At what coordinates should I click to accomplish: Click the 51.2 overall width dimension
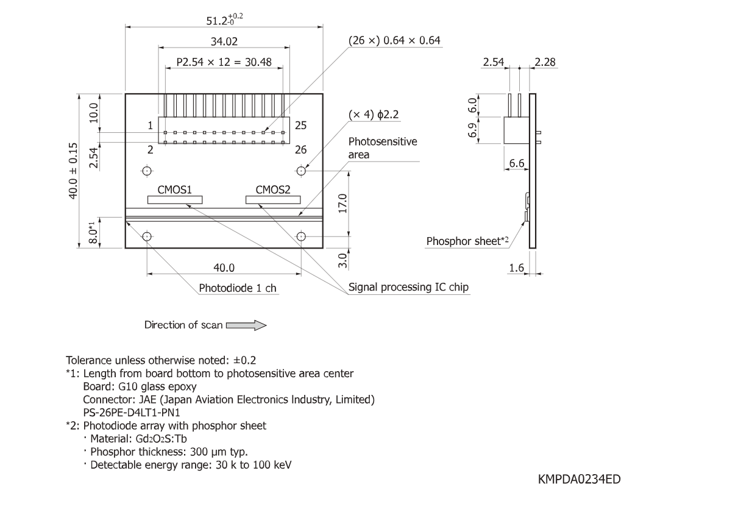[224, 20]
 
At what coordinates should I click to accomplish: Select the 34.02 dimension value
[224, 41]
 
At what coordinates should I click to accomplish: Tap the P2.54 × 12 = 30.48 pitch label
[224, 62]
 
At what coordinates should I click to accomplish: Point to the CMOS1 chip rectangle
[175, 200]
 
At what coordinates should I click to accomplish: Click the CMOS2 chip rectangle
[273, 200]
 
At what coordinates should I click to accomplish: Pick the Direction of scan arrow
[246, 325]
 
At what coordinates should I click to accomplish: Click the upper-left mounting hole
[147, 171]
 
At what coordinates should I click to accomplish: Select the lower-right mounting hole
[301, 236]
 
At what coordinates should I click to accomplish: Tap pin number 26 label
[300, 149]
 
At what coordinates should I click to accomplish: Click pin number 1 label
[150, 126]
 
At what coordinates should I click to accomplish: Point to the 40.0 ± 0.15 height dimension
[73, 171]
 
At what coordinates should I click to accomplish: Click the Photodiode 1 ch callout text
[237, 288]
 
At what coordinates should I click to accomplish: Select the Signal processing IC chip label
[408, 287]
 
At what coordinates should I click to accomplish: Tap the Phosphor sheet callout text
[467, 241]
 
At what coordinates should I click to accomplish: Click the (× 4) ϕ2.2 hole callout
[374, 115]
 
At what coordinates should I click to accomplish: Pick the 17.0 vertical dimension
[342, 204]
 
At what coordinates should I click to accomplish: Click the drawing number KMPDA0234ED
[579, 479]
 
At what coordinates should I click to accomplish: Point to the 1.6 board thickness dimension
[516, 268]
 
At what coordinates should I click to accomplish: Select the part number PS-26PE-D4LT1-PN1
[132, 413]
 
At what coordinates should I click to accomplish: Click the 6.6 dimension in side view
[516, 163]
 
